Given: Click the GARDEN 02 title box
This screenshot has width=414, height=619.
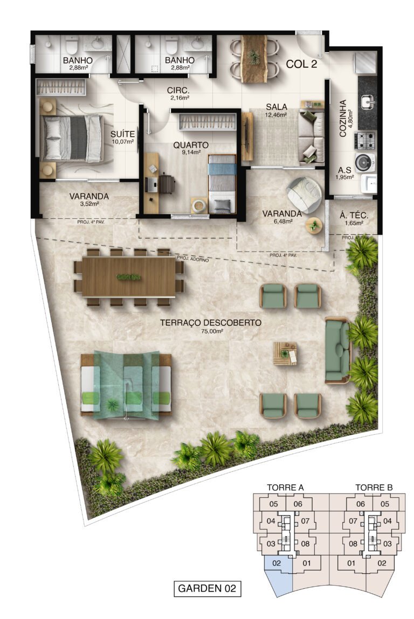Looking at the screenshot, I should coord(207,588).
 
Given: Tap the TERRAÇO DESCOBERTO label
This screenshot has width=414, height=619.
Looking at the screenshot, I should coord(211,323).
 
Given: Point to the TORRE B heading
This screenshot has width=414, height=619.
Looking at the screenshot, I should coord(374,488).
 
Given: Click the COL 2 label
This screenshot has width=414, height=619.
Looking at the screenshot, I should coord(301,64).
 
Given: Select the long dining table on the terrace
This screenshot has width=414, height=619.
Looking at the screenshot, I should coord(128,277).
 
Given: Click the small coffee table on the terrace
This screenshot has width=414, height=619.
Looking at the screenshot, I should coord(285,353).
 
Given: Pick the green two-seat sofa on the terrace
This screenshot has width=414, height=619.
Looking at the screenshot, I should coord(338,350).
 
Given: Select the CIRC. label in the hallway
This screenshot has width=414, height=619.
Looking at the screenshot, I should coord(177,91).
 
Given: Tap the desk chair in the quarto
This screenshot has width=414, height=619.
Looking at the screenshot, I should coord(166,184).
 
